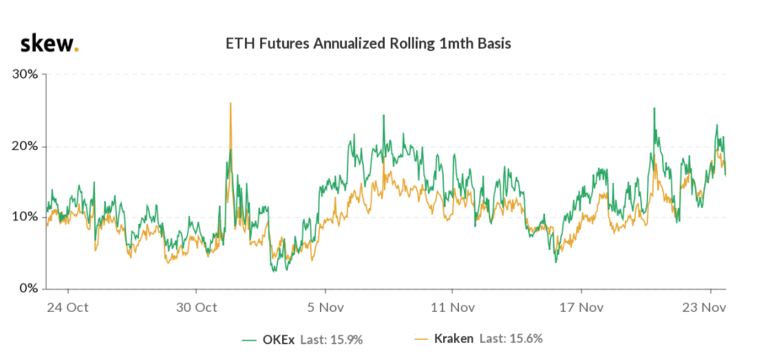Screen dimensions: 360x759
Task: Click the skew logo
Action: pos(50,43)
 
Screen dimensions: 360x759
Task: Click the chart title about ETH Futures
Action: pos(368,44)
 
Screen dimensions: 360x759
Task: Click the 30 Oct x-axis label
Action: pos(198,307)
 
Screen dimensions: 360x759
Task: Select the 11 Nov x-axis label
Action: pos(453,307)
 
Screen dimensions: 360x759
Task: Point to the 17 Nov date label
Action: pos(582,307)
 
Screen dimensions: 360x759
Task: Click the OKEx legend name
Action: pos(279,339)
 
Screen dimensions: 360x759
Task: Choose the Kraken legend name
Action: pos(454,339)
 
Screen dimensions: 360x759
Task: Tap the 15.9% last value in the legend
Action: pos(346,339)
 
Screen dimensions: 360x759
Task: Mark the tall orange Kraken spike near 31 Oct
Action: pos(230,105)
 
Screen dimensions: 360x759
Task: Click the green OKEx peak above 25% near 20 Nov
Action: pos(654,109)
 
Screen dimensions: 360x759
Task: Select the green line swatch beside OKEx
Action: pos(250,339)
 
